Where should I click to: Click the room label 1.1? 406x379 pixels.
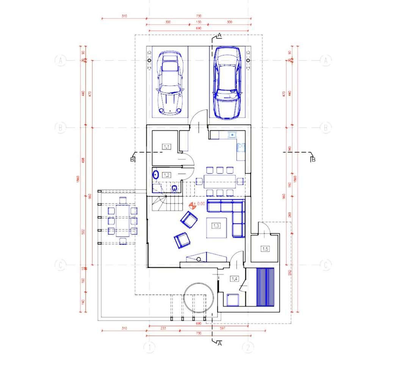[x=166, y=146]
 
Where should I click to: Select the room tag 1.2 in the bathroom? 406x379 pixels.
[x=166, y=175]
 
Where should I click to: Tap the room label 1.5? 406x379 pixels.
[x=265, y=249]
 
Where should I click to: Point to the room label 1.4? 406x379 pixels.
[x=234, y=279]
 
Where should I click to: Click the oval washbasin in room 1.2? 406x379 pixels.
[x=155, y=175]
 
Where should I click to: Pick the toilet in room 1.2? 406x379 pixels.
[x=174, y=188]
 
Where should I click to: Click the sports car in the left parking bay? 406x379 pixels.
[x=170, y=83]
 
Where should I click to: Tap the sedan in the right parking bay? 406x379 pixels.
[x=227, y=82]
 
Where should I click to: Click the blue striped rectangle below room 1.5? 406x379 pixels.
[x=265, y=287]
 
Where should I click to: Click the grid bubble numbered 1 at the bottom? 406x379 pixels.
[x=149, y=348]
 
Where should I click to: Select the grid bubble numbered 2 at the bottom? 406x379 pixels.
[x=248, y=348]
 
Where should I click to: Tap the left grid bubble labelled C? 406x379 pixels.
[x=60, y=265]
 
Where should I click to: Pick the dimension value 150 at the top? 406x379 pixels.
[x=199, y=22]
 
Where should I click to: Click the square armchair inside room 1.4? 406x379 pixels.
[x=232, y=300]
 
